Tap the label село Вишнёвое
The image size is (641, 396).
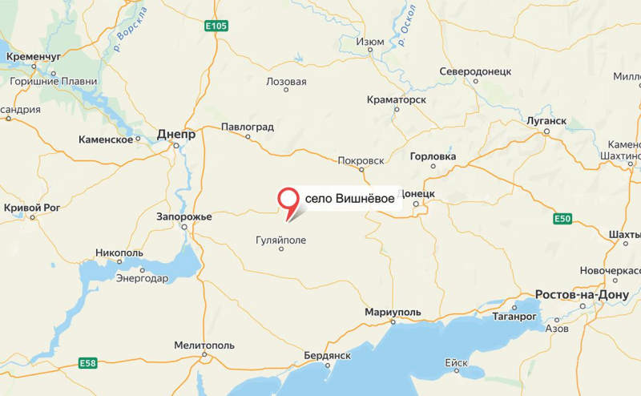coord(349,199)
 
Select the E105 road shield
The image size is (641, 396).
coord(216,26)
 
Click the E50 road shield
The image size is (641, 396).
coord(563,218)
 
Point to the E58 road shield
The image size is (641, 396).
coord(88,363)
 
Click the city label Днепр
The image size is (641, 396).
coord(176,135)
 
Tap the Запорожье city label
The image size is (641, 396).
coord(185,217)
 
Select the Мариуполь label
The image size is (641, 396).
coord(392,311)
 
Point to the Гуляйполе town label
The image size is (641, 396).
coord(280,239)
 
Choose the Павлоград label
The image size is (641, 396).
coord(248,127)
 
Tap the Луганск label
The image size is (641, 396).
coord(546,121)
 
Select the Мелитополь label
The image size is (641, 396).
coord(204,345)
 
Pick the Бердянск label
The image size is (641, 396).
coord(328,355)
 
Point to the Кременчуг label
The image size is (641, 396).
coord(34,57)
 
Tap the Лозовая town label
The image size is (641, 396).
coord(286,82)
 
